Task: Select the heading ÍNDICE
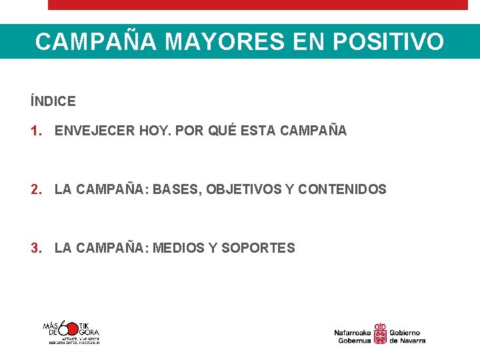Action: coord(53,102)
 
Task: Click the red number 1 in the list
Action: coord(35,131)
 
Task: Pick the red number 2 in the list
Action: coord(35,190)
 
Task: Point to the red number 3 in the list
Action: coord(35,249)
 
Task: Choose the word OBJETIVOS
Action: coord(243,190)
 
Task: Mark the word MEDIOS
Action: coord(178,249)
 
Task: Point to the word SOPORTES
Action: coord(258,249)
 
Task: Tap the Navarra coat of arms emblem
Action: coord(380,333)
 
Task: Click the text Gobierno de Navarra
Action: coord(407,336)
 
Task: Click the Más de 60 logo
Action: coord(71,331)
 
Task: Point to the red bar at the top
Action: coord(258,5)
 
